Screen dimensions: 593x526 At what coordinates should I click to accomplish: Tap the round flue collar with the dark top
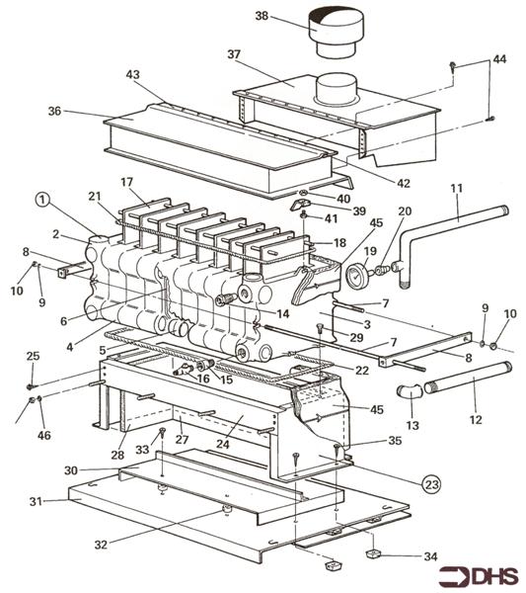click(338, 33)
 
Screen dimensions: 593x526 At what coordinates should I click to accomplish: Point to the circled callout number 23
click(431, 485)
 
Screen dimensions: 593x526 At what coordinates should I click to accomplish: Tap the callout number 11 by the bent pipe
click(456, 188)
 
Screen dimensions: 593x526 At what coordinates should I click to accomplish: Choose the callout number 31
click(37, 503)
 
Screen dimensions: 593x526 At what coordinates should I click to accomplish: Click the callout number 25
click(32, 356)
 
